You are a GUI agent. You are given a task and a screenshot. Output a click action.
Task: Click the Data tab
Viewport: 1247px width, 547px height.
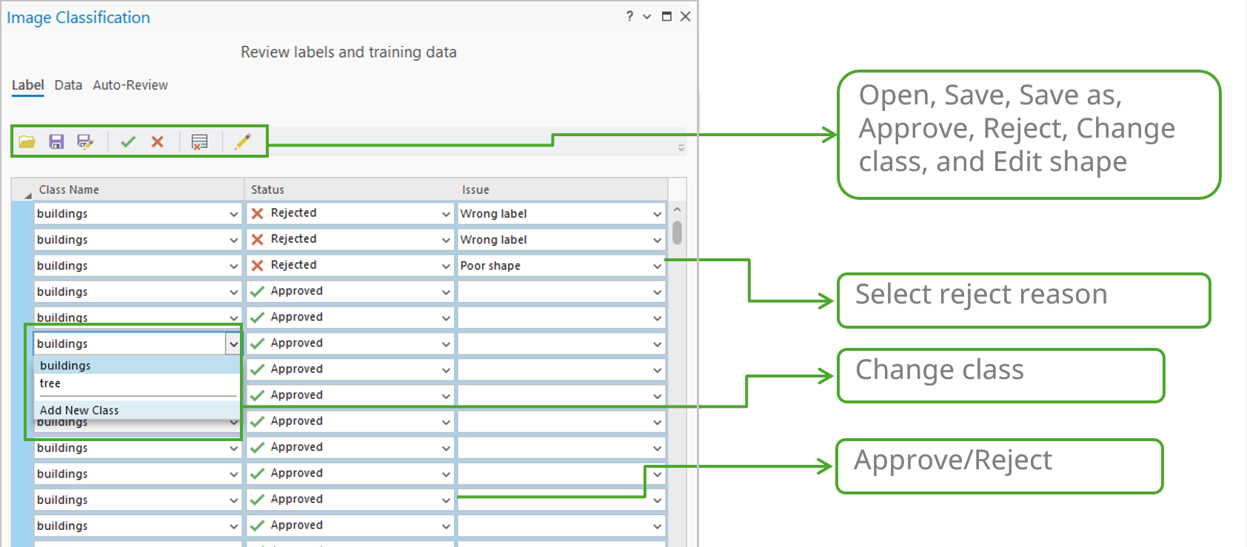coord(68,85)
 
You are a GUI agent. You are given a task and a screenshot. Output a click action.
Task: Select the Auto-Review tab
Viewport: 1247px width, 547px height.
coord(130,85)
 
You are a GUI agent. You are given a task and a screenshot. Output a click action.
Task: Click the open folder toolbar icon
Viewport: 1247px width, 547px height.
coord(27,141)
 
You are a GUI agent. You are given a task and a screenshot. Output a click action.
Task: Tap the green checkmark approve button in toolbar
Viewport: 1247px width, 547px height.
coord(128,141)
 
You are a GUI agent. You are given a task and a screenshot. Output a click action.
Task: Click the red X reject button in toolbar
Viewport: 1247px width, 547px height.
coord(157,141)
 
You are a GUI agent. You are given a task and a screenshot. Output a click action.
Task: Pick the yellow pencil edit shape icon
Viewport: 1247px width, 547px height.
coord(242,141)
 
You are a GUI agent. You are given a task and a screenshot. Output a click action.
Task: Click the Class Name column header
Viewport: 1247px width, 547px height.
coord(69,189)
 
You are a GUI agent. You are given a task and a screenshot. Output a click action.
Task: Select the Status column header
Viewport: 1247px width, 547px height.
coord(267,189)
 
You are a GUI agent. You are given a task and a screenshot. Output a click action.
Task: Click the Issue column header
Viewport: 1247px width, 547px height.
coord(475,189)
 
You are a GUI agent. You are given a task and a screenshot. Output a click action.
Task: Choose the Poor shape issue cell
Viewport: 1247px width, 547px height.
coord(552,266)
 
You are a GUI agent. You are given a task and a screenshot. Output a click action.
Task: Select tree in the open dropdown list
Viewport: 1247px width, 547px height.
coord(50,383)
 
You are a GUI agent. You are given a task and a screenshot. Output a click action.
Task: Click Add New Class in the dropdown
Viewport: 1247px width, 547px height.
coord(79,410)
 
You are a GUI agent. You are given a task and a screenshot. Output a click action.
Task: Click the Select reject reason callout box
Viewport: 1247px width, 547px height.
coord(1023,301)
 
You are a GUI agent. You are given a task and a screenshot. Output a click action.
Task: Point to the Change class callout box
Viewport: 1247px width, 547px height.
coord(1000,376)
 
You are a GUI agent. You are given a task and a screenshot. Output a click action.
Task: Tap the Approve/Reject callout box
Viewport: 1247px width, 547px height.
coord(999,466)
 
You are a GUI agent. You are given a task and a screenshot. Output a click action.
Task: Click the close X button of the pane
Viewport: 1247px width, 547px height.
coord(686,16)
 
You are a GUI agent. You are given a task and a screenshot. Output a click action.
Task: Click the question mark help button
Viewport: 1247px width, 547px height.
coord(629,16)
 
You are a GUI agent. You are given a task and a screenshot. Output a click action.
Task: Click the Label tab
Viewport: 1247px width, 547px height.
coord(27,85)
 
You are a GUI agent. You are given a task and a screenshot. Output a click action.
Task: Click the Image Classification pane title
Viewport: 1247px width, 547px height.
coord(78,18)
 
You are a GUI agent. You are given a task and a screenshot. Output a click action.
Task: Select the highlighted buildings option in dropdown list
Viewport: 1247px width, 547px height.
coord(65,366)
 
